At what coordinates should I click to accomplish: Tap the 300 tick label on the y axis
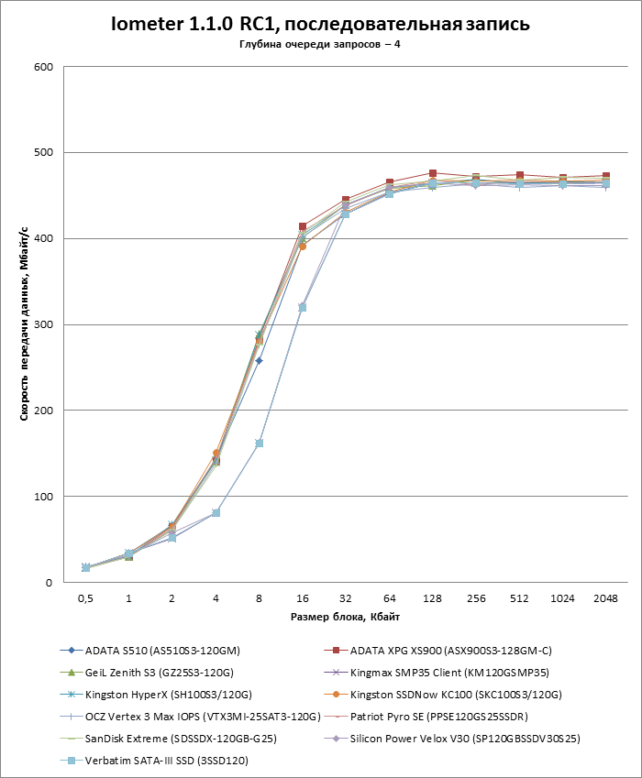[43, 324]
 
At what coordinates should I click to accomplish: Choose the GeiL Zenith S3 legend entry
[156, 673]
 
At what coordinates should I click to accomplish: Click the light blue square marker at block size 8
[260, 444]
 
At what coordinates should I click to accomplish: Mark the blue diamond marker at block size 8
[260, 361]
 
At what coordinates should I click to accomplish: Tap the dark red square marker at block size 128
[433, 173]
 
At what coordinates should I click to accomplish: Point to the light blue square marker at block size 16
[303, 307]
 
